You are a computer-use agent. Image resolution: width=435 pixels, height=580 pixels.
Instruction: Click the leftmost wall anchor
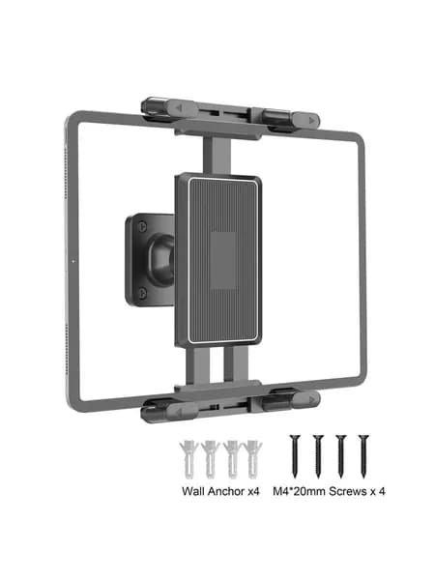[188, 458]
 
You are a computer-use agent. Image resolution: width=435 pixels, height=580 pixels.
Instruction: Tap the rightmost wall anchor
[253, 458]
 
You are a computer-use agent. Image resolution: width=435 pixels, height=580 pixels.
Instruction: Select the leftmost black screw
[295, 456]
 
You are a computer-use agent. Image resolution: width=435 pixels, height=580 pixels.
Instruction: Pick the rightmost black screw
[363, 456]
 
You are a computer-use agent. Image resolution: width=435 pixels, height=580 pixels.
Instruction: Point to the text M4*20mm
[300, 491]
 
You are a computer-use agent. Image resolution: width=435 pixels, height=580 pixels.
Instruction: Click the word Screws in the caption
[348, 491]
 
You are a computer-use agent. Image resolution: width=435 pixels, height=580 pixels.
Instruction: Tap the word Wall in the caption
[193, 491]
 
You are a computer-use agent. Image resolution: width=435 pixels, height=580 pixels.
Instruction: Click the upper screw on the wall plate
[142, 226]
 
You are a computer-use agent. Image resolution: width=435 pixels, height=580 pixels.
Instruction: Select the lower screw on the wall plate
[142, 294]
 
